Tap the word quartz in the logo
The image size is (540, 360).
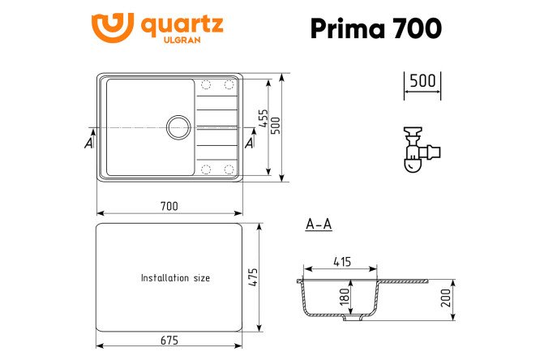tap(182, 25)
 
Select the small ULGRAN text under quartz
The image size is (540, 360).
tap(182, 40)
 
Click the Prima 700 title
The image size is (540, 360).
tap(375, 28)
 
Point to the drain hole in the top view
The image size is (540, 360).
tap(178, 127)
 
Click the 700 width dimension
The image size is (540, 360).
tap(169, 207)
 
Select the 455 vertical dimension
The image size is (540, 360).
tap(264, 118)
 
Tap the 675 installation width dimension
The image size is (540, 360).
tap(169, 341)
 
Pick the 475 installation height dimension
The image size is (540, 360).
tap(253, 277)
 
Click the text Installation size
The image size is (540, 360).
tap(175, 278)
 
